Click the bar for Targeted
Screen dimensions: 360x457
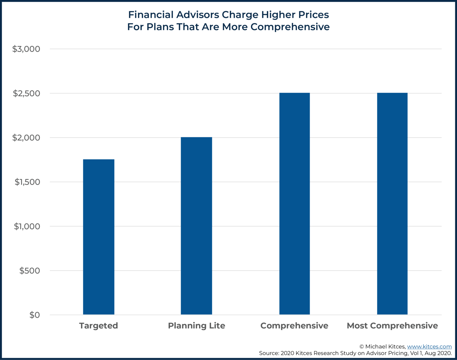coord(98,237)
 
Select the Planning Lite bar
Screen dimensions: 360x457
coord(196,226)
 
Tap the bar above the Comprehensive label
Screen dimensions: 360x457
coord(294,204)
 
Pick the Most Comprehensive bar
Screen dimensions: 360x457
coord(392,204)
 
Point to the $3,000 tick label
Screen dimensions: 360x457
coord(26,49)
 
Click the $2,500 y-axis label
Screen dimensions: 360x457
coord(26,93)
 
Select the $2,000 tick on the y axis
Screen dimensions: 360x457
coord(26,138)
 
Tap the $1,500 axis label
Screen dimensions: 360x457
coord(27,182)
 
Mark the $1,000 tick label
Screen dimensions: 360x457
coord(27,226)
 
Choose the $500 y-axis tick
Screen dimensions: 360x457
coord(29,271)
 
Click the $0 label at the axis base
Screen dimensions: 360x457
coord(35,315)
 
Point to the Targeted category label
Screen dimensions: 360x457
coord(98,326)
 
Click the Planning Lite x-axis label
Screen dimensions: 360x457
coord(196,326)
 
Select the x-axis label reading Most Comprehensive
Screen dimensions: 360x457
coord(392,326)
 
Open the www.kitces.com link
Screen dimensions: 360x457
coord(429,347)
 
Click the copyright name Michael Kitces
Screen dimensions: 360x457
coord(385,347)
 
